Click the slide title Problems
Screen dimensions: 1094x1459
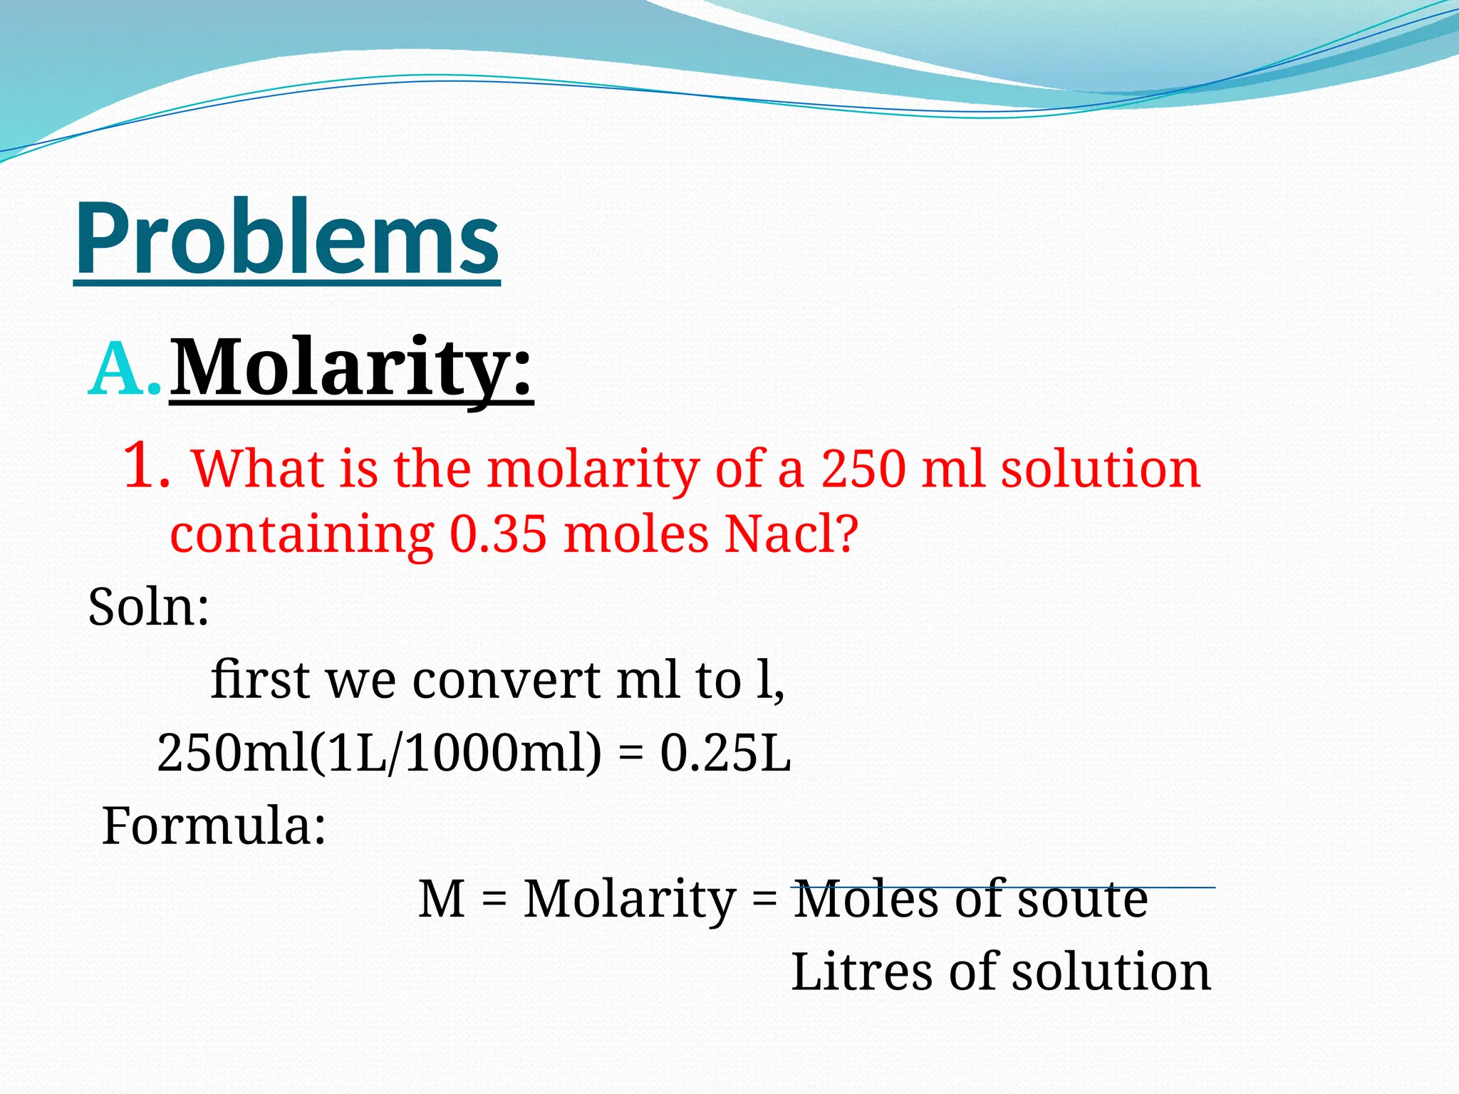286,239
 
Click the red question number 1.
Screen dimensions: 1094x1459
146,467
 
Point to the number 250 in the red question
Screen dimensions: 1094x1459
863,469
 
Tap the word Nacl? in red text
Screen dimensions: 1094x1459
791,534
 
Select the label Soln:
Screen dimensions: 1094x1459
148,608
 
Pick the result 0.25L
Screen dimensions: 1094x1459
725,754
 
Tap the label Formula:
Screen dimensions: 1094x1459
214,826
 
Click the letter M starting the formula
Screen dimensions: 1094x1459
442,899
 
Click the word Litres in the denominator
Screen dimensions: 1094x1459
861,971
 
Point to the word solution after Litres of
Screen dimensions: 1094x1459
1111,971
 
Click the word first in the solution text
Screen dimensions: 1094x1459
260,679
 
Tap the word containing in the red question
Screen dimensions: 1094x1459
301,536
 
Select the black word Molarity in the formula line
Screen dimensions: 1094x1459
630,900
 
